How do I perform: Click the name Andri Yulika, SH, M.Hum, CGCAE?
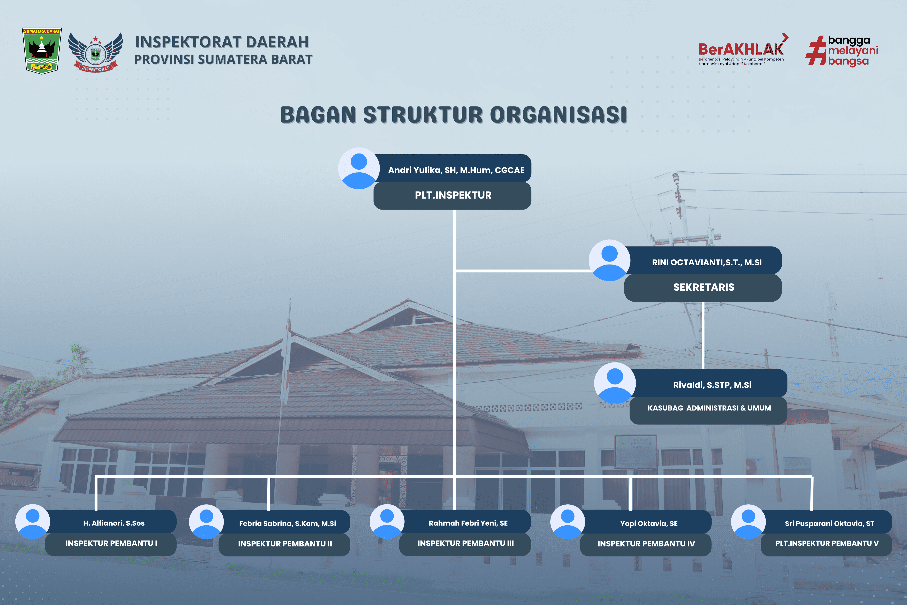[456, 170]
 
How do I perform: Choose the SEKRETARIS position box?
[703, 287]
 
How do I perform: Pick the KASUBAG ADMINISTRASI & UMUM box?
[708, 410]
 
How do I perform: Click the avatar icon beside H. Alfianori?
[33, 522]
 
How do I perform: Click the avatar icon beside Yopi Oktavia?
[567, 522]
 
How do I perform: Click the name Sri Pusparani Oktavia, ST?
[829, 524]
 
